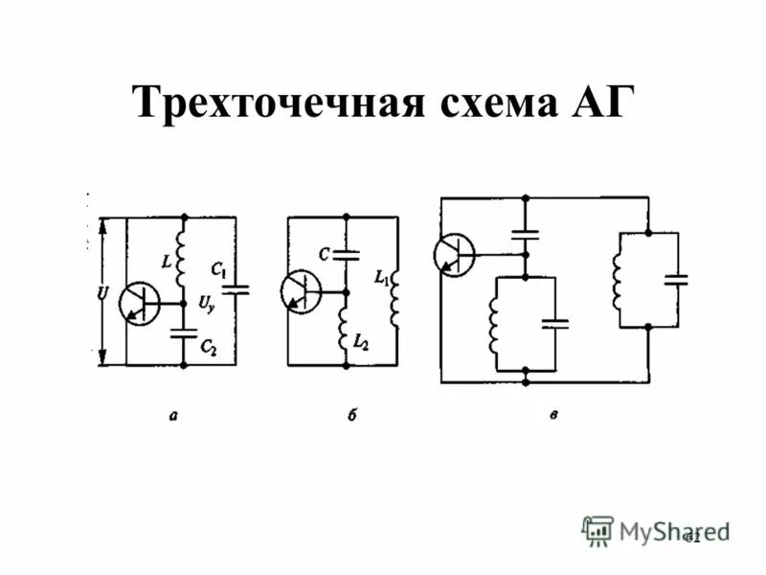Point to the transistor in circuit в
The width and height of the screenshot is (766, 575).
click(x=454, y=255)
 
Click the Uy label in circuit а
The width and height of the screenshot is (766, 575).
click(x=206, y=305)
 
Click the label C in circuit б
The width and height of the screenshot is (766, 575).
click(x=325, y=256)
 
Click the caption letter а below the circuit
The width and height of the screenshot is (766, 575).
click(x=172, y=415)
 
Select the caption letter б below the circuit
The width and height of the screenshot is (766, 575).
click(x=352, y=416)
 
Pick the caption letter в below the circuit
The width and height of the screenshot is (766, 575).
click(x=554, y=415)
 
